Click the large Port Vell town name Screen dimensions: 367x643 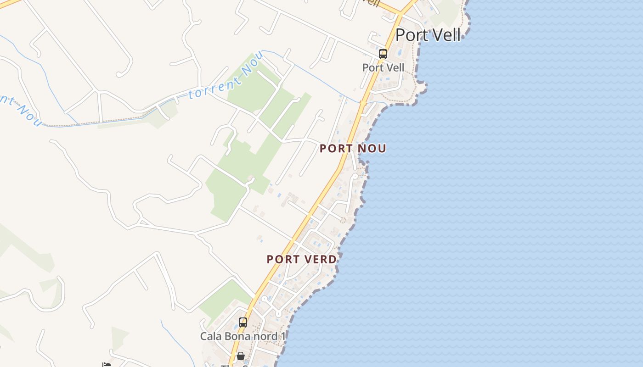click(428, 35)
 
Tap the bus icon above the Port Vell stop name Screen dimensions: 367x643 click(383, 54)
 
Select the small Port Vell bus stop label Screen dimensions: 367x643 click(383, 67)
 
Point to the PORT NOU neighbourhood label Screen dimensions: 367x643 click(353, 149)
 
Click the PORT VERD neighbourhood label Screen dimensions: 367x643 click(302, 259)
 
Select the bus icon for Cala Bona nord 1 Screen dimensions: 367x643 click(243, 323)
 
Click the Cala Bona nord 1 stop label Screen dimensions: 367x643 click(243, 336)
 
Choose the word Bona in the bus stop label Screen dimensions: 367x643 click(236, 336)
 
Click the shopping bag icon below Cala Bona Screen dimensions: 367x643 click(240, 356)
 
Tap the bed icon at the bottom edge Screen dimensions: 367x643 click(107, 365)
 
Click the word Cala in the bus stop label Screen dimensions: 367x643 click(210, 336)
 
